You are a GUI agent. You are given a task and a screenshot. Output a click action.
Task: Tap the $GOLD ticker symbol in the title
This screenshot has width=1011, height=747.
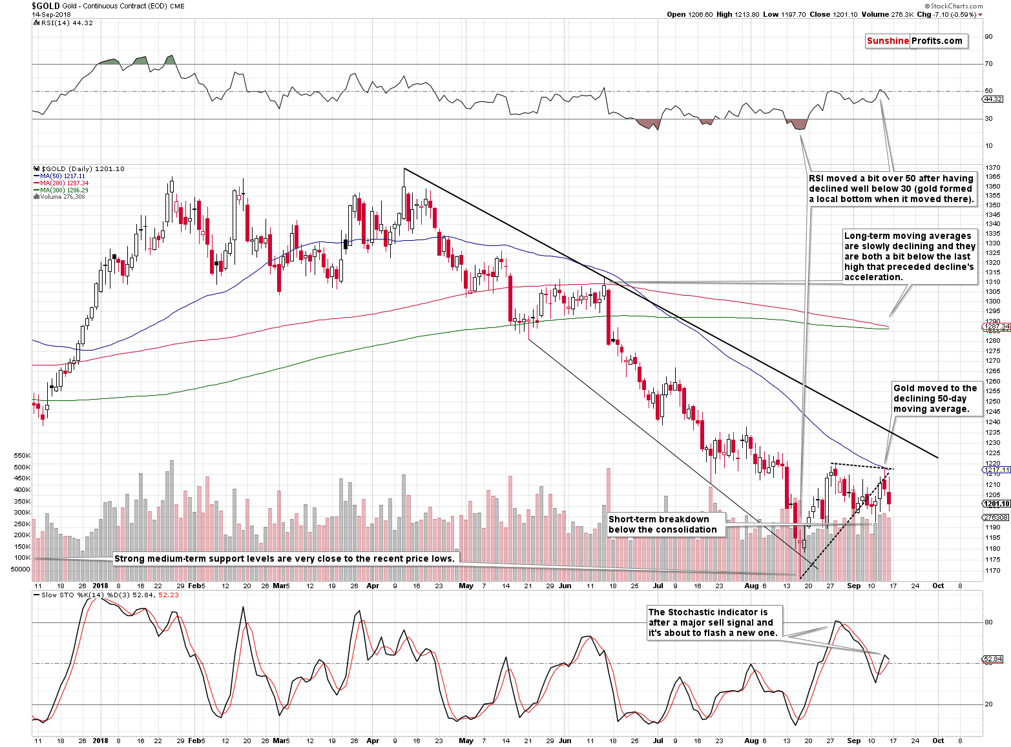(46, 6)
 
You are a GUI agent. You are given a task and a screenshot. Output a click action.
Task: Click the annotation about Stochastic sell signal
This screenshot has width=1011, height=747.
(715, 622)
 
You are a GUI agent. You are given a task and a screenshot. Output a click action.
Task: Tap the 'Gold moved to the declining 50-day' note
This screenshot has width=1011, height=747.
(935, 398)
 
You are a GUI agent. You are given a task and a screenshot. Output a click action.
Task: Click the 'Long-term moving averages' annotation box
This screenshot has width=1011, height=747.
(910, 256)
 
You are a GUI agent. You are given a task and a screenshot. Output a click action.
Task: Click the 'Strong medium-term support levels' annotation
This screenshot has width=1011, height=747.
(284, 558)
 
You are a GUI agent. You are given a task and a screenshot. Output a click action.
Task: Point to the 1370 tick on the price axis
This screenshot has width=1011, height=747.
(993, 168)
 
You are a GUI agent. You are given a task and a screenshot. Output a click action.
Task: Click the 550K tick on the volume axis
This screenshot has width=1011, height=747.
(22, 456)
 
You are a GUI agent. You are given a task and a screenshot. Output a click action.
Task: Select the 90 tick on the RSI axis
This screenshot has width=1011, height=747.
(988, 37)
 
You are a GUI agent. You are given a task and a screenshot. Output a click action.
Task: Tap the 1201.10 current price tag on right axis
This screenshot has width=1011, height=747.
(996, 504)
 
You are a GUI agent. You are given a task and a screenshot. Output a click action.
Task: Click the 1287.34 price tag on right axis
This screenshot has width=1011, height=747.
(996, 327)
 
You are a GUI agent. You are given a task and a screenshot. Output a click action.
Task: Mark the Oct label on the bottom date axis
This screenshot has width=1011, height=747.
(938, 741)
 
